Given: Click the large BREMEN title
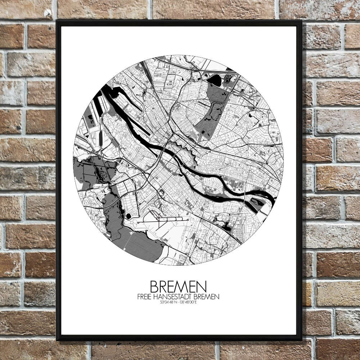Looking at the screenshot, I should click(x=178, y=287).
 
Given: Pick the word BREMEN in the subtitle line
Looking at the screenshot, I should click(x=206, y=297).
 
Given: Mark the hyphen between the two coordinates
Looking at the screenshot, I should click(x=178, y=302).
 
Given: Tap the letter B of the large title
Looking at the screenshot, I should click(x=154, y=287).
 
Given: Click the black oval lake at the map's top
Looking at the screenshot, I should click(x=214, y=80).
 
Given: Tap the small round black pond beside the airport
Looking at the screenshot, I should click(x=129, y=216).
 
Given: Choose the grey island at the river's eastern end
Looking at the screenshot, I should click(x=256, y=202).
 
